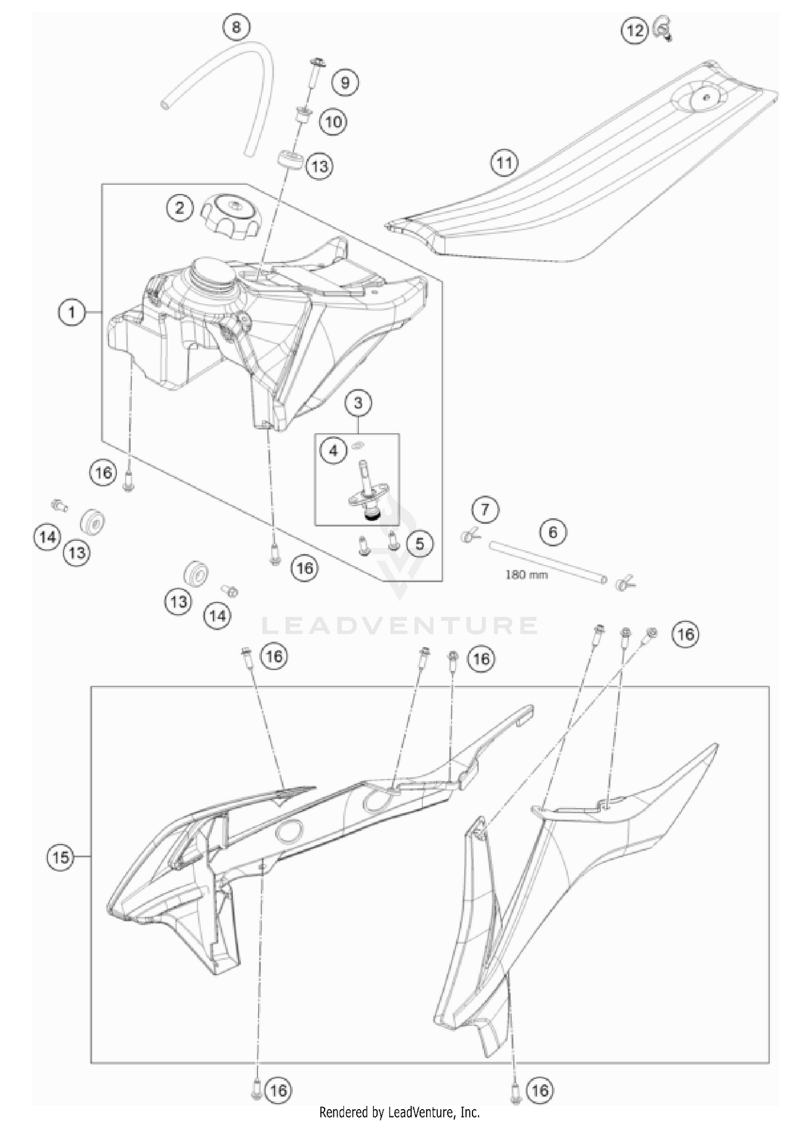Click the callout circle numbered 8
coord(236,27)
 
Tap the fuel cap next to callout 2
coord(230,215)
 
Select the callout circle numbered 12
coord(635,30)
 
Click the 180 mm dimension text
coord(526,575)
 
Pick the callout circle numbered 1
coord(72,312)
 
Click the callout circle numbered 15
coord(61,857)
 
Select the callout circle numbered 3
coord(358,403)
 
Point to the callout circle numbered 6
coord(553,532)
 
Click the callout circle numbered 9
coord(345,83)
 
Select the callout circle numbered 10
coord(333,122)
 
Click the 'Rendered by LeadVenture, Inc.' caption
coord(399,1112)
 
